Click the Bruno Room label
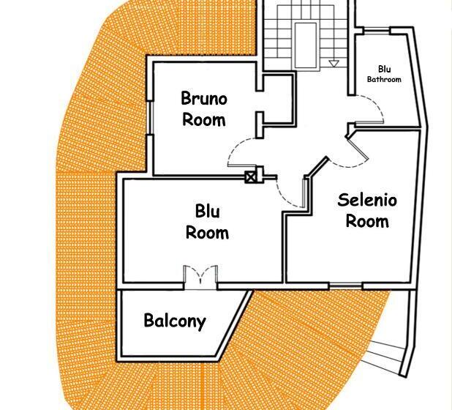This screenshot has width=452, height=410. click(204, 109)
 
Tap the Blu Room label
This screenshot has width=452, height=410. click(207, 222)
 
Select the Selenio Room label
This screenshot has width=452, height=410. click(367, 210)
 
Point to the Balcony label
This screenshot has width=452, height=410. click(175, 321)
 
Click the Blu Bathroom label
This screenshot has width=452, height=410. click(384, 74)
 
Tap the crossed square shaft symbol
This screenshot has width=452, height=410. click(250, 177)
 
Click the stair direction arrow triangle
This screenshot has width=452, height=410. click(334, 64)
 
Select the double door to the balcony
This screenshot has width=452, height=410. click(200, 277)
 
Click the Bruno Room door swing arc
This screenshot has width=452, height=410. click(236, 147)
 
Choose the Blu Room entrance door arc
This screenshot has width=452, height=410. click(281, 195)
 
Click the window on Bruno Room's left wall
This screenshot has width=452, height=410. click(150, 118)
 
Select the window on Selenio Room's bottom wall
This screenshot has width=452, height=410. click(346, 286)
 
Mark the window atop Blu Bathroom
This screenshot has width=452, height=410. click(377, 30)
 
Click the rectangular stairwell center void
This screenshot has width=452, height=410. click(306, 45)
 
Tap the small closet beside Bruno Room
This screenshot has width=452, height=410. click(278, 100)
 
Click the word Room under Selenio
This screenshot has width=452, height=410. click(367, 221)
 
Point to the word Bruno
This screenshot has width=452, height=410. click(204, 98)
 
